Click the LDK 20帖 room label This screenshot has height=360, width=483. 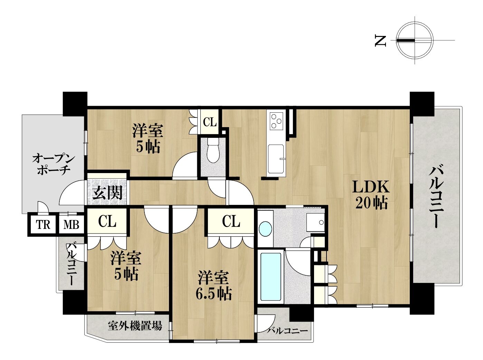[371, 195]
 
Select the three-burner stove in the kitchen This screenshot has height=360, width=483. [276, 121]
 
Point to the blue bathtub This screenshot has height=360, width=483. [271, 277]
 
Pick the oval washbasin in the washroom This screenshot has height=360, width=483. [265, 229]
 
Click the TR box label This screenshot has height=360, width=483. [43, 225]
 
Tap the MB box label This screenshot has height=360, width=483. [72, 225]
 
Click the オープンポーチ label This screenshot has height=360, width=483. [54, 164]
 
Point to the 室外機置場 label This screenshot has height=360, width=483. [135, 326]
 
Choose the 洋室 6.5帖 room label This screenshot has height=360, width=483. [214, 286]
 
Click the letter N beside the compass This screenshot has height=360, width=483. [380, 41]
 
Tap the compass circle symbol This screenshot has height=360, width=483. [415, 40]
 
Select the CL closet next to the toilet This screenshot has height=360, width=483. [209, 122]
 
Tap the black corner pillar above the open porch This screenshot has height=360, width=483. [75, 104]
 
